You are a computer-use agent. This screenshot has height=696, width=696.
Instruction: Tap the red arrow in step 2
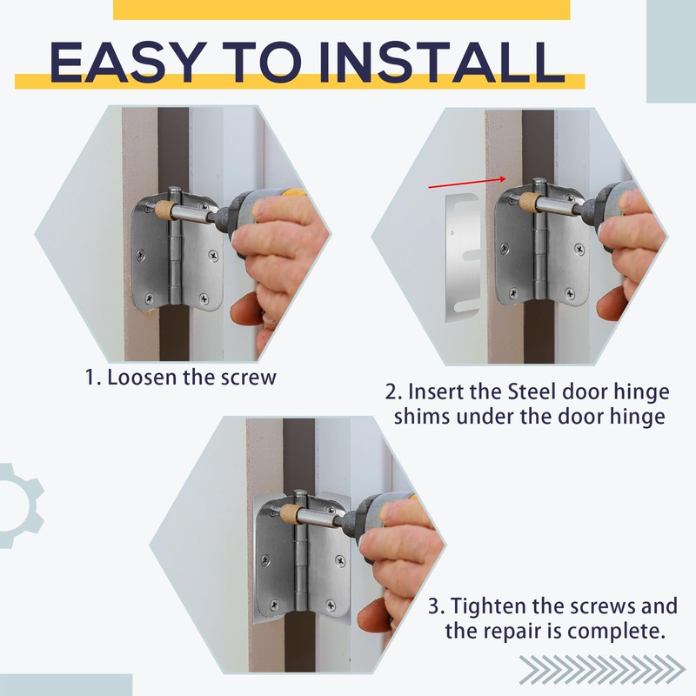(x=467, y=183)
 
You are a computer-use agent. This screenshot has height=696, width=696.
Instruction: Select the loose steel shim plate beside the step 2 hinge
(x=463, y=257)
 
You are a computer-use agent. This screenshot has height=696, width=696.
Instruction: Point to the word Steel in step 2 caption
(x=532, y=392)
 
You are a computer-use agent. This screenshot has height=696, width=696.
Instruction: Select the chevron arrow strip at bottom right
(x=602, y=669)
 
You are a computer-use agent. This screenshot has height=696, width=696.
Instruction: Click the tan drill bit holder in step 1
(x=164, y=208)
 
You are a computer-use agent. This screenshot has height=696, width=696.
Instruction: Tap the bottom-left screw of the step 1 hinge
(x=150, y=298)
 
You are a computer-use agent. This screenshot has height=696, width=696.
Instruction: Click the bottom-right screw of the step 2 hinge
(x=570, y=293)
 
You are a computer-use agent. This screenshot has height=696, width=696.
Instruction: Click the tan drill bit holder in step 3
(x=290, y=512)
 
